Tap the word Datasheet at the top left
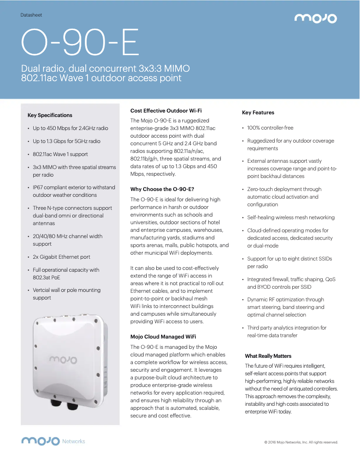[x=31, y=15]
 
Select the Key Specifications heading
[x=50, y=115]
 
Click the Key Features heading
[x=258, y=113]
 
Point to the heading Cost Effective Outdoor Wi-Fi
[x=166, y=110]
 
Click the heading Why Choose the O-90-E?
[x=162, y=189]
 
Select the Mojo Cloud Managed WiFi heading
[x=163, y=336]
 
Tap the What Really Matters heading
[x=268, y=356]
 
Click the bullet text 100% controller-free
[x=270, y=128]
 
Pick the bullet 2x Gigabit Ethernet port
[x=61, y=257]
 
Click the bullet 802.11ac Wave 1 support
[x=60, y=154]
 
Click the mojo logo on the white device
[x=63, y=360]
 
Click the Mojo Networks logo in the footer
[x=53, y=441]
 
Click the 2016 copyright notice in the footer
[x=301, y=442]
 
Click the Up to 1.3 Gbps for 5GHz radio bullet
[x=66, y=141]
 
